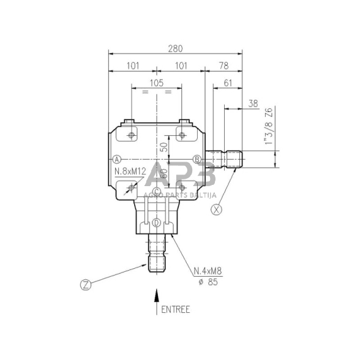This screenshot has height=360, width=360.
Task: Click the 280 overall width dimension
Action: coord(176,46)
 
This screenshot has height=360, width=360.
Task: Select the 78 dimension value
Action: coord(223,65)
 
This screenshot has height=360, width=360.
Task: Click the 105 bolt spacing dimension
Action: coord(156,83)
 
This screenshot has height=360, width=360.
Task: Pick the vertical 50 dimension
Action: coord(163,147)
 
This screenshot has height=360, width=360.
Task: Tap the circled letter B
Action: coord(197,159)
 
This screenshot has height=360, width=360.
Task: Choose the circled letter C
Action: coord(157,192)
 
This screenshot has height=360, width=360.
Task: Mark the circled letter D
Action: coord(157,223)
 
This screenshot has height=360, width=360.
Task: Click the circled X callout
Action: coord(215,209)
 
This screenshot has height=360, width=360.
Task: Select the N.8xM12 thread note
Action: coord(130,173)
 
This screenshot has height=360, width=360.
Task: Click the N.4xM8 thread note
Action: coord(206,271)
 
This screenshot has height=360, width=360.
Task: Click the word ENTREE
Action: coord(176,310)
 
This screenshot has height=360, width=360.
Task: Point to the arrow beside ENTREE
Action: coord(157,301)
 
